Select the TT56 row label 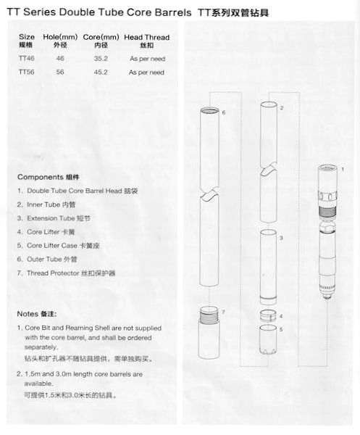(x=26, y=72)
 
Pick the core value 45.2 (x=91, y=72)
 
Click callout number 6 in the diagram (x=224, y=113)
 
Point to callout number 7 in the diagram (x=225, y=312)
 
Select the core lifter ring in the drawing (x=267, y=315)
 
